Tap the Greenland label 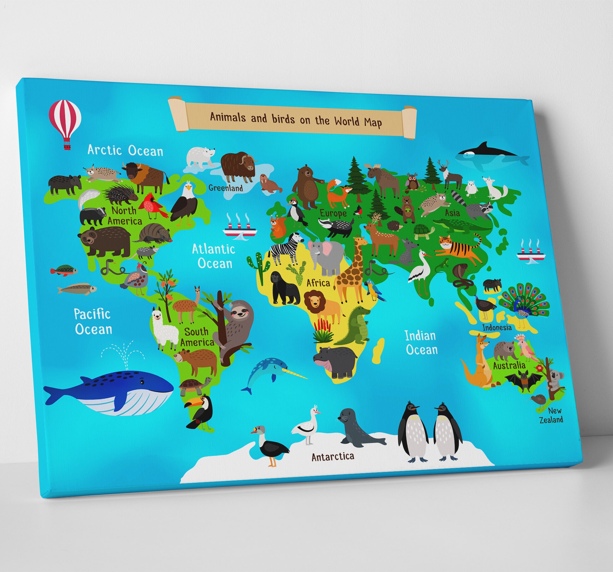[x=226, y=188]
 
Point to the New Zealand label [x=552, y=415]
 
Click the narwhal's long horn [x=295, y=374]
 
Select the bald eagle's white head [x=188, y=188]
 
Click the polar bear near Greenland [x=200, y=156]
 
